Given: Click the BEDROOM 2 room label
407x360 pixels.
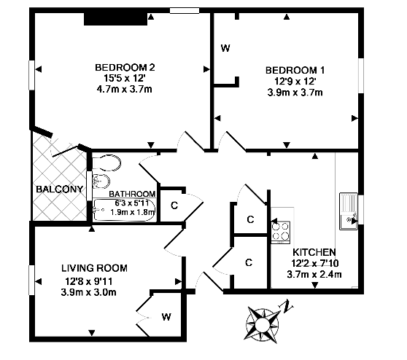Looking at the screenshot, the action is pyautogui.click(x=125, y=68).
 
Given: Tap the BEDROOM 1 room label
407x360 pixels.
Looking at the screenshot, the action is pyautogui.click(x=295, y=70).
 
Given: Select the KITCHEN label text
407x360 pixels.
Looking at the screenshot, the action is pyautogui.click(x=314, y=252).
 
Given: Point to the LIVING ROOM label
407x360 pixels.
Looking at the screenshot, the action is pyautogui.click(x=94, y=268).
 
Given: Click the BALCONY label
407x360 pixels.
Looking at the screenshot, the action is pyautogui.click(x=59, y=189).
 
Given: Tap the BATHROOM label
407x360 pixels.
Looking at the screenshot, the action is pyautogui.click(x=132, y=194).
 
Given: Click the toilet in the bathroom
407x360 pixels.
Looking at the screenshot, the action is pyautogui.click(x=106, y=163).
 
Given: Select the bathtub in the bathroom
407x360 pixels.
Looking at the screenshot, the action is pyautogui.click(x=124, y=210).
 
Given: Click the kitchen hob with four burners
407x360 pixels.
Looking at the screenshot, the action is pyautogui.click(x=281, y=232).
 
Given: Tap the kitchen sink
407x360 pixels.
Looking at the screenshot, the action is pyautogui.click(x=349, y=211).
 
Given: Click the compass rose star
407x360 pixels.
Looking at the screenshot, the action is pyautogui.click(x=262, y=324).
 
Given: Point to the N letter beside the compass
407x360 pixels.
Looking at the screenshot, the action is pyautogui.click(x=287, y=306).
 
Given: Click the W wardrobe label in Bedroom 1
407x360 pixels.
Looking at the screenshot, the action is pyautogui.click(x=225, y=48).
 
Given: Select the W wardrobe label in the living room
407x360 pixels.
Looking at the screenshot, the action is pyautogui.click(x=166, y=317).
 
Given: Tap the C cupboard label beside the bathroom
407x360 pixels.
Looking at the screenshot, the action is pyautogui.click(x=174, y=206).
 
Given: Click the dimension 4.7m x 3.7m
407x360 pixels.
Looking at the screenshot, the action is pyautogui.click(x=124, y=89).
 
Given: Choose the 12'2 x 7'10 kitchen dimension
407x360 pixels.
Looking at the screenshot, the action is pyautogui.click(x=315, y=263).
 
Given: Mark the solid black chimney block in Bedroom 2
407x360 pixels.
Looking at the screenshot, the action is pyautogui.click(x=115, y=19).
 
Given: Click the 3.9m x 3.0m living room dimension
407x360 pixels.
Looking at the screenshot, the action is pyautogui.click(x=88, y=292).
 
